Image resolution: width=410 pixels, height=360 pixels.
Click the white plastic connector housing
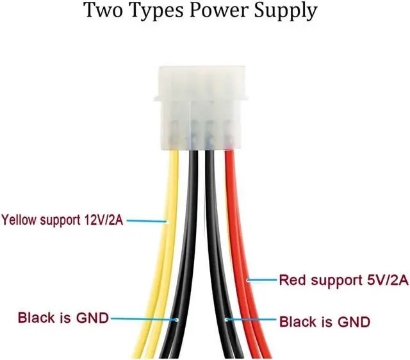[x=200, y=108]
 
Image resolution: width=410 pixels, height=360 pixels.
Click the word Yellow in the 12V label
[x=19, y=220]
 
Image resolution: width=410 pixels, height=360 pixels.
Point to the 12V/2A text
[x=103, y=220]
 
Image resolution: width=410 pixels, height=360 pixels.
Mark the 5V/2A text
[x=388, y=280]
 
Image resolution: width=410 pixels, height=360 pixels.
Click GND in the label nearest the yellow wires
[x=92, y=318]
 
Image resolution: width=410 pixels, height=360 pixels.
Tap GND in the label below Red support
[x=354, y=322]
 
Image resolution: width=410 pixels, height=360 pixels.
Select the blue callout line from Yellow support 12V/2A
[x=147, y=221]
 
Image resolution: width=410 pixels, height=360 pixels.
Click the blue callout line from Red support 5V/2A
[x=261, y=280]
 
